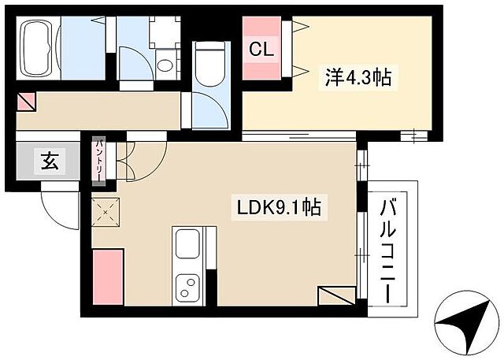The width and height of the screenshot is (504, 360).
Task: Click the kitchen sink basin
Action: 189,245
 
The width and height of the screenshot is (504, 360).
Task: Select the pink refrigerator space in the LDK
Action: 108,275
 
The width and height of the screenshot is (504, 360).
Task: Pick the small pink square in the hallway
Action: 25,102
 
